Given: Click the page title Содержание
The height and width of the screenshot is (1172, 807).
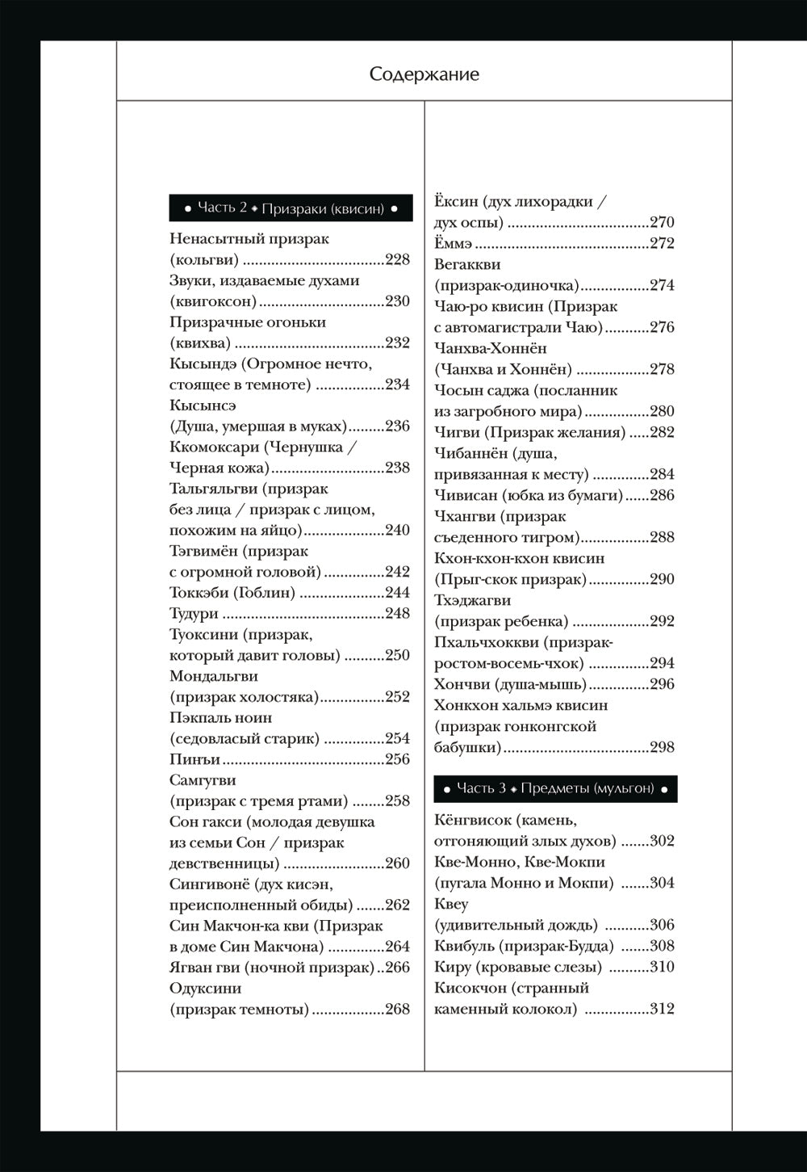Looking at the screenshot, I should (x=424, y=74).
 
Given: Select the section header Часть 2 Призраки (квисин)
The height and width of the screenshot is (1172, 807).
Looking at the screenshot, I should (x=291, y=208).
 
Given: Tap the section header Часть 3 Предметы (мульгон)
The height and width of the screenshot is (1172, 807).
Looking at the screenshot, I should (x=555, y=788).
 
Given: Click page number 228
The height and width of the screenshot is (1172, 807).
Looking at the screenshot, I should (x=397, y=260).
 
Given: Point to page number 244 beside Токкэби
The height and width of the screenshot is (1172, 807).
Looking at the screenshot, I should (x=397, y=593).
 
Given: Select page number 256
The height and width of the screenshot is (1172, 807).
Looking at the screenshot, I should (x=397, y=759).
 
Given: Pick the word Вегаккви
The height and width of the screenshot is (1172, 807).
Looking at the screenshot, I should (x=467, y=265).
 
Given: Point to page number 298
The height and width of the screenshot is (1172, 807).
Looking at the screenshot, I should (x=662, y=748).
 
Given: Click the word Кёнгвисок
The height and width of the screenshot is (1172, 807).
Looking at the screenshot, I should (x=473, y=821).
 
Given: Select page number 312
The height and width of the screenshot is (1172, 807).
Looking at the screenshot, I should (x=662, y=1010).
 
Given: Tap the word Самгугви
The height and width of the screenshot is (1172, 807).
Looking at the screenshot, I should (x=202, y=780).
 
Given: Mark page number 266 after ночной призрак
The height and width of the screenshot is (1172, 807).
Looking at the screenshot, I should (x=397, y=968).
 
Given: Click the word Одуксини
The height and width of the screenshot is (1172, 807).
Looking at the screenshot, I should (x=205, y=989).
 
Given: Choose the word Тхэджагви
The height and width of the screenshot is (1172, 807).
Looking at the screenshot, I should (x=472, y=601).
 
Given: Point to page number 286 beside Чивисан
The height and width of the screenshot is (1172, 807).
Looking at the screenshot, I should (x=662, y=496).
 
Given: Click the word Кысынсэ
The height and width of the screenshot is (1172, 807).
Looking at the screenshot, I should (x=203, y=405).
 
